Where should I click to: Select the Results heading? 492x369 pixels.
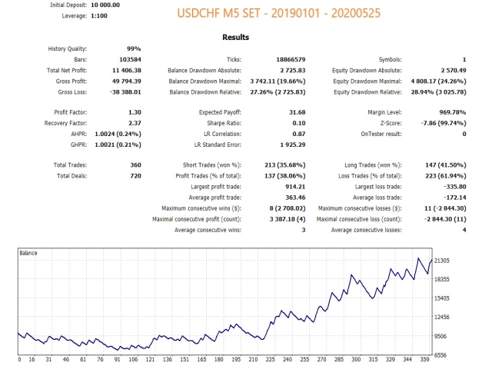235,37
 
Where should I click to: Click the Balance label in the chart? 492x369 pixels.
29,252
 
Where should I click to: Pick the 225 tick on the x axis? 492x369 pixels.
270,359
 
